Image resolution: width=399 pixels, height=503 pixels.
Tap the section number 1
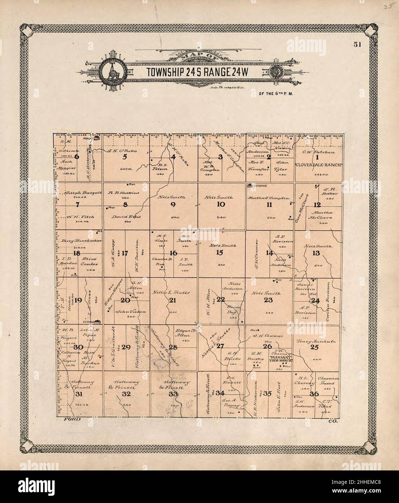point(317,157)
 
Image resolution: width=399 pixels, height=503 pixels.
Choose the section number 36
point(313,394)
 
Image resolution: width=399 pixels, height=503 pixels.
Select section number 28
point(173,348)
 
